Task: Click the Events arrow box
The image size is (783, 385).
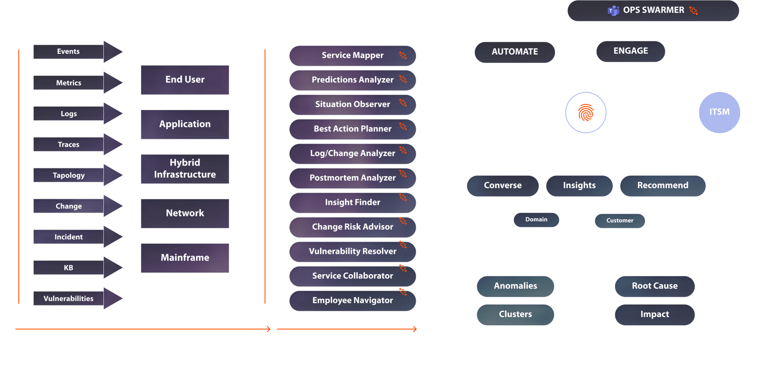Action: point(69,52)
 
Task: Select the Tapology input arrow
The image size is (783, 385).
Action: point(69,175)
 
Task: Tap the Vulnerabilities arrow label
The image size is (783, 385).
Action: point(69,299)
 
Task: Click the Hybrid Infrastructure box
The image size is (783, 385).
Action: point(185,169)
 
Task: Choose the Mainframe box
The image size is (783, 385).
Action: point(185,258)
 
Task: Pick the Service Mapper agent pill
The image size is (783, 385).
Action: point(352,56)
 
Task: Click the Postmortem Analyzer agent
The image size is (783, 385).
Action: point(352,178)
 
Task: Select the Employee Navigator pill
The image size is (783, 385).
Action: point(352,300)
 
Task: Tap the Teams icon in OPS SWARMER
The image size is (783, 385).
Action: point(613,11)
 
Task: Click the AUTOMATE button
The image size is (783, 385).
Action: point(514,52)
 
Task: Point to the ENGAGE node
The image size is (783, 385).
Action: point(631,51)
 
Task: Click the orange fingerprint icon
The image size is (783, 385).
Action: point(586,112)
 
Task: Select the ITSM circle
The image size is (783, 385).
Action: point(719,112)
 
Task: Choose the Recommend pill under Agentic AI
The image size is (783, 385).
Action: point(662,185)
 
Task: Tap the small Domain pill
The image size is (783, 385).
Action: point(536,220)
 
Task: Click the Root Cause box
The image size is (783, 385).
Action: point(654,286)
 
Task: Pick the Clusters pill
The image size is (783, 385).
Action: point(515,315)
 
